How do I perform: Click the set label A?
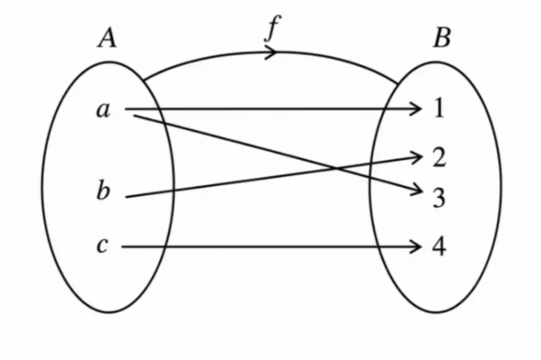point(107,39)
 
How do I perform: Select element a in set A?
point(103,110)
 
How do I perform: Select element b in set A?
point(103,191)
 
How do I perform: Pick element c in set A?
point(103,246)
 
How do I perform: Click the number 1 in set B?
point(439,109)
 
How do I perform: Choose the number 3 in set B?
point(439,198)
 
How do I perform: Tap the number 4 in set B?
point(439,246)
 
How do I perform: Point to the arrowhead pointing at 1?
point(416,109)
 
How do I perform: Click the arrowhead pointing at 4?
point(416,246)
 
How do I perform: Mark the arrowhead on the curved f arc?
point(272,52)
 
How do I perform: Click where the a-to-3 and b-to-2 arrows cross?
point(334,168)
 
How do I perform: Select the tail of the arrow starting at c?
point(122,246)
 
